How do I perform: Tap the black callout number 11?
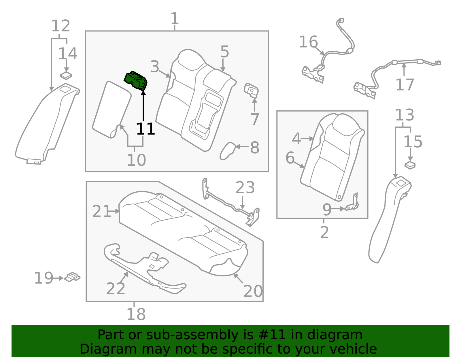coord(146,129)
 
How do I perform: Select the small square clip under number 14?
coord(66,76)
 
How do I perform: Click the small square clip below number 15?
coord(410,165)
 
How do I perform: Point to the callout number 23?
coord(245,188)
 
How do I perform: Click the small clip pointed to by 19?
coord(72,277)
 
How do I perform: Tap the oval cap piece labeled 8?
coord(227,150)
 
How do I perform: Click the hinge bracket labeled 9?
coord(353,203)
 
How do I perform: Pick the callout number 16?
coord(308,42)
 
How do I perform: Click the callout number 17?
coord(405,85)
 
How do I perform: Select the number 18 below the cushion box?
coord(136,314)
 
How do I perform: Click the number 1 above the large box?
coord(175,19)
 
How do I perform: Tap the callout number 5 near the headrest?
coord(225,52)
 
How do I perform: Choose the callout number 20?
coord(253,291)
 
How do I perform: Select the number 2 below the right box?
coord(324,232)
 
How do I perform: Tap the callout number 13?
coord(405,115)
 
